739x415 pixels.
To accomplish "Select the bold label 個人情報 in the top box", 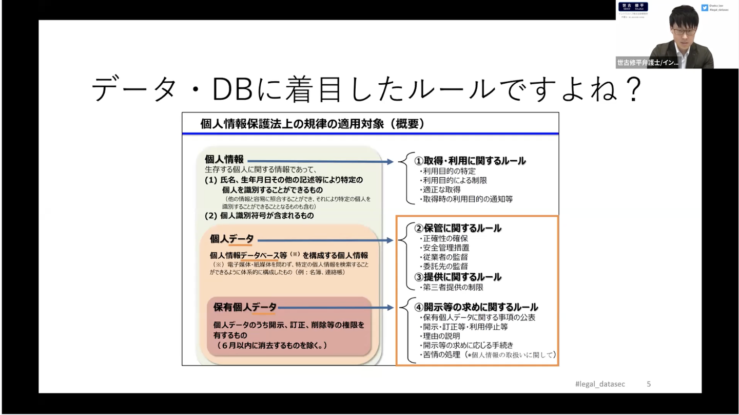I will [x=224, y=159].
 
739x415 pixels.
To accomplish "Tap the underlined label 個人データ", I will [x=231, y=239].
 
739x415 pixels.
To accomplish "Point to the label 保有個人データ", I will [x=245, y=307].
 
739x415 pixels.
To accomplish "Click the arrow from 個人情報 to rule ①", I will [x=320, y=161].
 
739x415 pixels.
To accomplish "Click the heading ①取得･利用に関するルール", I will [x=470, y=160].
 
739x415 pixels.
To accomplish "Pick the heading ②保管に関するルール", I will [x=458, y=228].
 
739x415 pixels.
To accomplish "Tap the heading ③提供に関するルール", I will [x=458, y=277].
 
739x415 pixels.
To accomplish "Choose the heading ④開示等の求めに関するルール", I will [x=476, y=307].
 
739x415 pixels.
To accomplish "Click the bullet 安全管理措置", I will [x=445, y=248].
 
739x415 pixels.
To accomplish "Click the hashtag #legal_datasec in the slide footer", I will [x=600, y=384].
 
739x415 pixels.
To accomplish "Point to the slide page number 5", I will [x=649, y=384].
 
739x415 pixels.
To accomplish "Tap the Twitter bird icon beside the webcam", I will [x=705, y=7].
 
